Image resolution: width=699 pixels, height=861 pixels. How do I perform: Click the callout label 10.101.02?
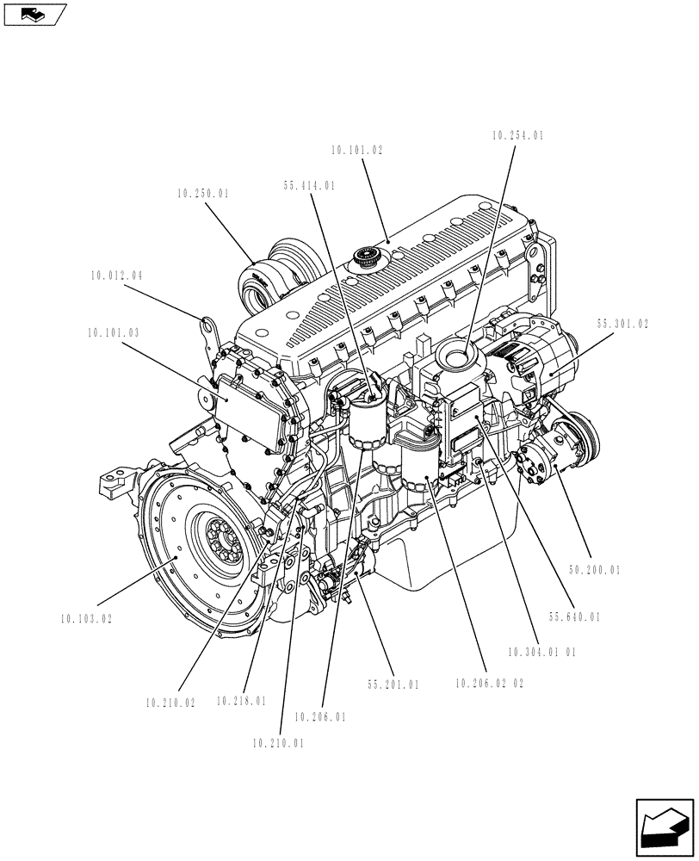coord(356,150)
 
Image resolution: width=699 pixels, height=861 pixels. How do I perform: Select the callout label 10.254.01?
coord(518,136)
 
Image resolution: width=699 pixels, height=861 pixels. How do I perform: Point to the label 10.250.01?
coord(203,195)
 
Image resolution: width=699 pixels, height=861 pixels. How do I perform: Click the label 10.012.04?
coord(115,276)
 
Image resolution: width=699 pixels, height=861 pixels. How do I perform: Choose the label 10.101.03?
coord(113,331)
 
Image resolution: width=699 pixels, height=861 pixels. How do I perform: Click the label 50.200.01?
coord(594,570)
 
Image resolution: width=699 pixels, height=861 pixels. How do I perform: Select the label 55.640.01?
coord(574,616)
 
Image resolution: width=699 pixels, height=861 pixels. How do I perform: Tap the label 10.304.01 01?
coord(541,652)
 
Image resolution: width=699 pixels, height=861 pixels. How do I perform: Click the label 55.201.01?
coord(393,685)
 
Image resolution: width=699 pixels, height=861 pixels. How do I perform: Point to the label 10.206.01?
coord(319,716)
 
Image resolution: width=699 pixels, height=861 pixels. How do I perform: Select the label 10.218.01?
coord(241,701)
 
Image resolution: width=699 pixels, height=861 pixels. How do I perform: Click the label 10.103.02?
coord(87,618)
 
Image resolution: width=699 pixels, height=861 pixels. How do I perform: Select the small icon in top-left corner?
coord(34,14)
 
